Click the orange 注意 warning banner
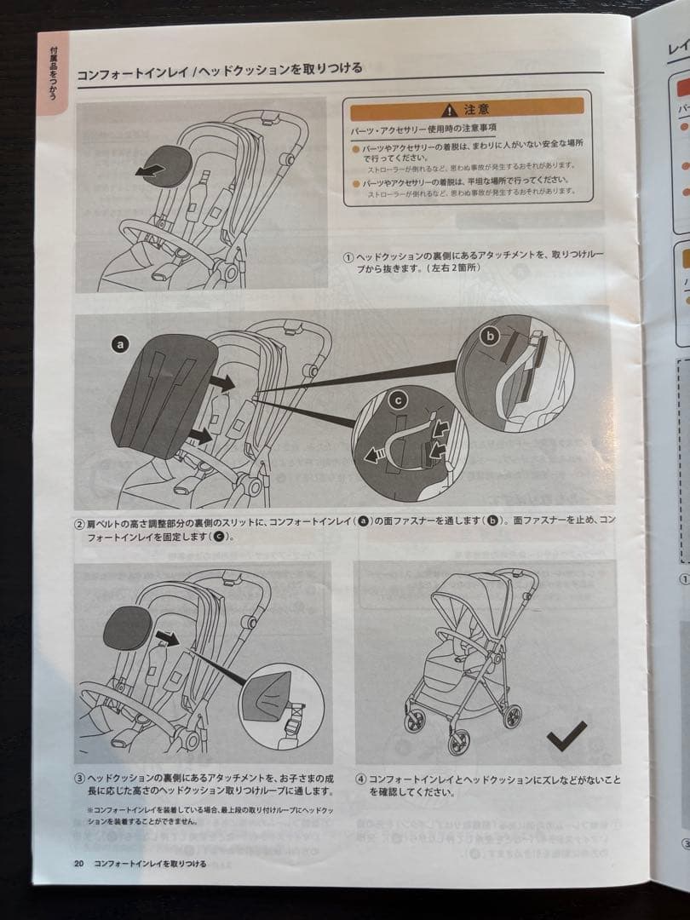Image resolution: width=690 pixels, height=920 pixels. point(465,109)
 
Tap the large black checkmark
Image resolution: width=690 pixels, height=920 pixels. point(566,734)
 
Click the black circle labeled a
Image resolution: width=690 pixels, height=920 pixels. point(120,344)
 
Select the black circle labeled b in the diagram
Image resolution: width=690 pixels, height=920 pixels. point(489,337)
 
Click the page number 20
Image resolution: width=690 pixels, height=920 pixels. point(79,864)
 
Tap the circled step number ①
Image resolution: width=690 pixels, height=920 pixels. point(348,256)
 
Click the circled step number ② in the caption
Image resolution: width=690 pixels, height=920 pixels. point(78,522)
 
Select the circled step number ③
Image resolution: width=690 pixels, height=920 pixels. point(79,779)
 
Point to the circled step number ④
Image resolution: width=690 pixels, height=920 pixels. point(360,779)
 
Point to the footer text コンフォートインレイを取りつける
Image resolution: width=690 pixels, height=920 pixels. point(150,864)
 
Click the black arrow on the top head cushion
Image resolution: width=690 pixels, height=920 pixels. point(150,170)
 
